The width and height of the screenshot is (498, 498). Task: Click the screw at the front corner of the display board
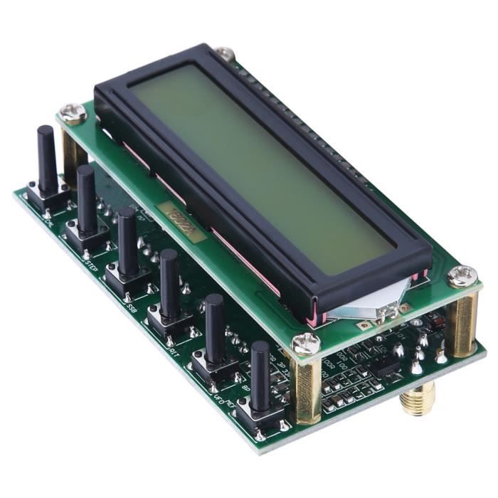[x=306, y=344]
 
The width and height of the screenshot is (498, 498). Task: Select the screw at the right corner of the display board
[x=463, y=276]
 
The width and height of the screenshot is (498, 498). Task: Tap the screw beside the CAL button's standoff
[x=73, y=112]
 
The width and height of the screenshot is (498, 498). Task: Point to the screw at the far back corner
[x=225, y=53]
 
